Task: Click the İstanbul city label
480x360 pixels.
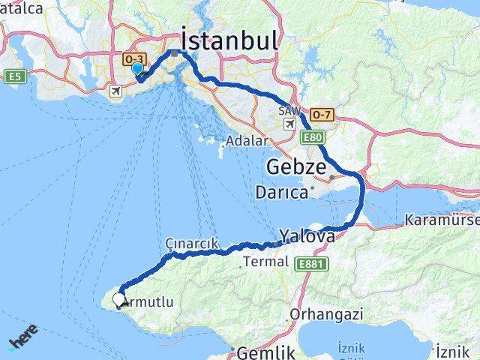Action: [x=228, y=38]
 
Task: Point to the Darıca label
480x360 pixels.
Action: [x=281, y=193]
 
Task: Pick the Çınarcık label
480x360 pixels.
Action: [x=192, y=243]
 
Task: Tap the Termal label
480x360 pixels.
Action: [x=264, y=262]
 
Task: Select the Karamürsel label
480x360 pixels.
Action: [x=442, y=220]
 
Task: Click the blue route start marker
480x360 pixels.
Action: [x=137, y=69]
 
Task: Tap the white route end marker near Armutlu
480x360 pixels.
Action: [x=119, y=301]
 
